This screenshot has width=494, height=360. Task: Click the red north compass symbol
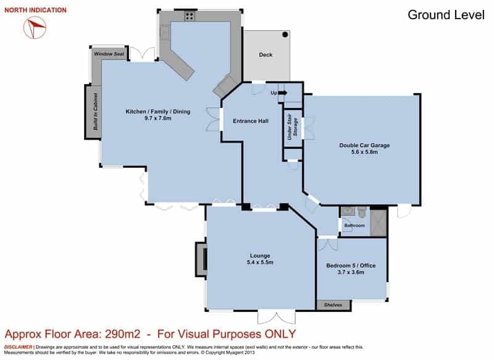click(x=35, y=27)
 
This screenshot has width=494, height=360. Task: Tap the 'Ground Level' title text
click(x=446, y=15)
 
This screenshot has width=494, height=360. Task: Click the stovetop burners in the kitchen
click(x=190, y=16)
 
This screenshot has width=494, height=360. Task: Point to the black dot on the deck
click(x=285, y=35)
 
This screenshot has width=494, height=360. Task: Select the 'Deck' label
click(x=266, y=54)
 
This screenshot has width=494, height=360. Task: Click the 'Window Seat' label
click(x=109, y=54)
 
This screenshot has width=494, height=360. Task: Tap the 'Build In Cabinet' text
click(x=96, y=112)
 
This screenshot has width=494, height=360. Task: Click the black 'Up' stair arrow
click(x=283, y=93)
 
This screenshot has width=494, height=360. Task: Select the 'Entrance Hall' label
click(x=251, y=121)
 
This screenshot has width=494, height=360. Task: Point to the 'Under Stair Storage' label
click(x=292, y=127)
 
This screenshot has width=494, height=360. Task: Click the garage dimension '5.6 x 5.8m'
click(x=364, y=152)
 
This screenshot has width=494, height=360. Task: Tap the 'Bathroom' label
click(x=354, y=225)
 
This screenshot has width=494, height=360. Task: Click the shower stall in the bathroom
click(x=378, y=222)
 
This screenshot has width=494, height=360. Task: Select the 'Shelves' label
click(x=333, y=305)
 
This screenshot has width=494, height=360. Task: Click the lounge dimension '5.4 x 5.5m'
click(x=260, y=262)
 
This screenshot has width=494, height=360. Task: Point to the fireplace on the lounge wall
click(x=202, y=259)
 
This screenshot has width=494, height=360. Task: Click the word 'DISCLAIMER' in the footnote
click(x=18, y=347)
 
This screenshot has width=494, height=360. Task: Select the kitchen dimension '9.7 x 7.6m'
click(x=158, y=118)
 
